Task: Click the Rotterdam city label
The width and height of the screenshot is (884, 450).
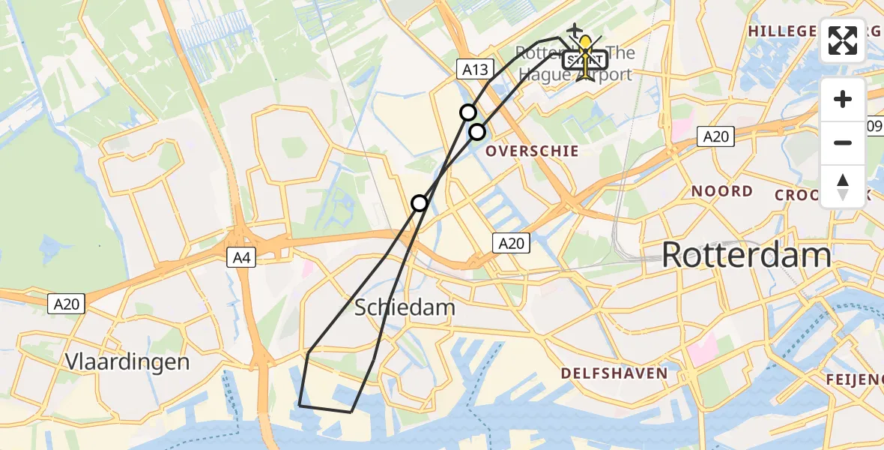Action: [x=746, y=256]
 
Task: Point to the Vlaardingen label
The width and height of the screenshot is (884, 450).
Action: [x=127, y=361]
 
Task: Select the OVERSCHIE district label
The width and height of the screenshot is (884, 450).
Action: [x=532, y=151]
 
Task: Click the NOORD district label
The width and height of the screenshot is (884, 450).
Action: [x=721, y=191]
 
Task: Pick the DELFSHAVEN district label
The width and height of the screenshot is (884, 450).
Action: [x=614, y=373]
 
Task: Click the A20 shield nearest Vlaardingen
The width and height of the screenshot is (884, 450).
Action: [x=67, y=304]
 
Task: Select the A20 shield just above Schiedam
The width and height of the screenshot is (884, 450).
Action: [x=512, y=243]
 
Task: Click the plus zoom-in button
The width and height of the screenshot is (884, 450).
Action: [x=843, y=100]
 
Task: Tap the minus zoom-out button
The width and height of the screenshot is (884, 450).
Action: [x=843, y=142]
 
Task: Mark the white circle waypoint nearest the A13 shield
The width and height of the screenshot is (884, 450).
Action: [x=468, y=112]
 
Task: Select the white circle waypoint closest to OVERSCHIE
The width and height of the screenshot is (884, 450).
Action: [x=477, y=133]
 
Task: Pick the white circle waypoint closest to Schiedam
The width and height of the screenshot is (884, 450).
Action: [x=420, y=203]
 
